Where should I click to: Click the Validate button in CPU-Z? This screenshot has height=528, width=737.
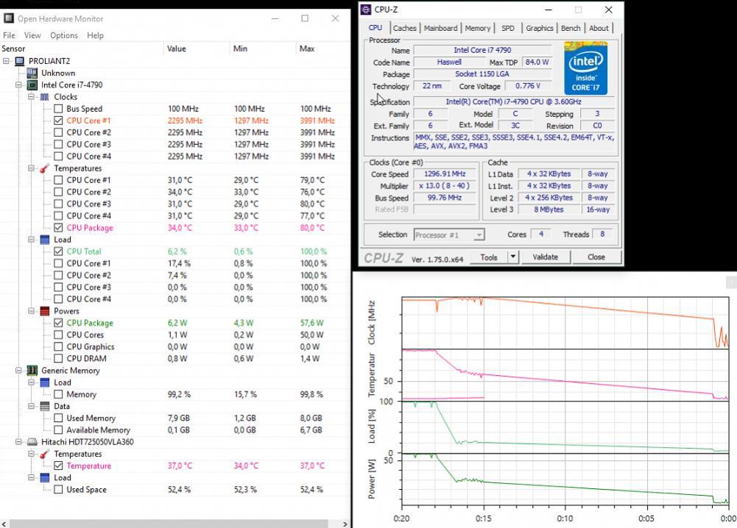[545, 257]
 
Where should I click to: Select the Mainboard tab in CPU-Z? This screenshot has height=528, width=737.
[440, 28]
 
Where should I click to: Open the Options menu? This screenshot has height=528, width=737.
[64, 35]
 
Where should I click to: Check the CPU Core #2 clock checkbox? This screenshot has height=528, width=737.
[58, 132]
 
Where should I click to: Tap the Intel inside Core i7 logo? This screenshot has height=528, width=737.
[586, 68]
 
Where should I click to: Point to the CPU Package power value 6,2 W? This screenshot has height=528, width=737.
[177, 323]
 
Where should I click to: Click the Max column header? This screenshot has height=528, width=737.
[307, 49]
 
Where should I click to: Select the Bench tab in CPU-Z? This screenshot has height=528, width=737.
[571, 28]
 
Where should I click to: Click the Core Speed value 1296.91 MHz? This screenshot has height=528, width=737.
[445, 174]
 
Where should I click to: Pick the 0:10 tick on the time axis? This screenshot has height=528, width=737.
[565, 518]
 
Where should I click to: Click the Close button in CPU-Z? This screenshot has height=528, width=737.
[596, 257]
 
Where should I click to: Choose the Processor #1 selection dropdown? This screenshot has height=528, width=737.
[448, 235]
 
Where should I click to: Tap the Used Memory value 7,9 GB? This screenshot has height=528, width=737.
[179, 418]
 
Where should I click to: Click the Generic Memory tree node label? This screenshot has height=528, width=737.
[71, 371]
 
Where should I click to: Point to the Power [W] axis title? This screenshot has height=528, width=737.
[372, 478]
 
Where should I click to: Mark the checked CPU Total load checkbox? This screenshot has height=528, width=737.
[58, 251]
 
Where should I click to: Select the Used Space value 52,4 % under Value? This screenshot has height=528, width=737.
[179, 490]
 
